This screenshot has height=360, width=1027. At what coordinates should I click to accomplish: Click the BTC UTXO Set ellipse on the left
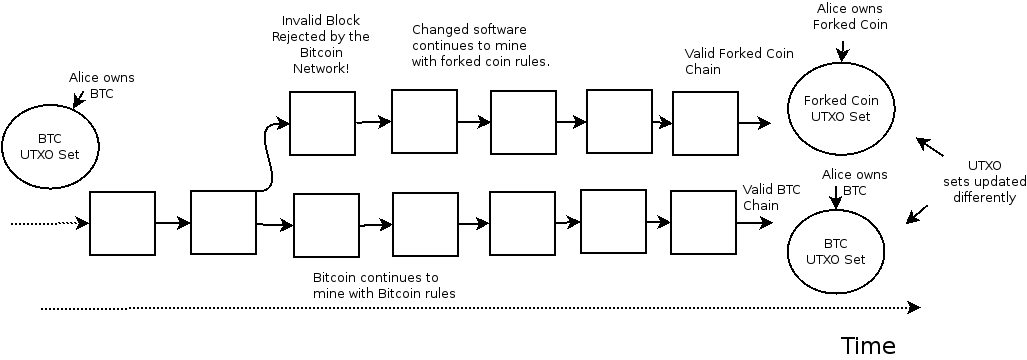(x=50, y=147)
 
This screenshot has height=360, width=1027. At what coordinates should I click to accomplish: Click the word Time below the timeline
(x=868, y=345)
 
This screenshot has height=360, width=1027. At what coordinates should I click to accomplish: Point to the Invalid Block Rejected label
(x=320, y=44)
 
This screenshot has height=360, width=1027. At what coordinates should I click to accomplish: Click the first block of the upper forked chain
(x=322, y=123)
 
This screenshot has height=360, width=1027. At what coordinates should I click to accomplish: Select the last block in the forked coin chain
(x=706, y=123)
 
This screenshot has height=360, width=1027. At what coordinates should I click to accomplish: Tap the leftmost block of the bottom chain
(x=122, y=222)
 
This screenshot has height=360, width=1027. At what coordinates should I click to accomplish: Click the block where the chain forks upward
(x=223, y=222)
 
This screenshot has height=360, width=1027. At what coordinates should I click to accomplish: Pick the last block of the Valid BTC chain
(x=703, y=222)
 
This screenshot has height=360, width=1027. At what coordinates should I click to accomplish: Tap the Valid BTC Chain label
(x=771, y=197)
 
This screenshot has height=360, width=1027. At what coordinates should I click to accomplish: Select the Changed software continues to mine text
(x=481, y=46)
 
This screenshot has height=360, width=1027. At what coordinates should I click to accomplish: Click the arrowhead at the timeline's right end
(x=912, y=309)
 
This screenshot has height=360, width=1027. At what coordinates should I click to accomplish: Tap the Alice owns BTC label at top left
(x=101, y=85)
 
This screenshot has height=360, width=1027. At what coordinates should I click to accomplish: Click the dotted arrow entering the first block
(x=50, y=224)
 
